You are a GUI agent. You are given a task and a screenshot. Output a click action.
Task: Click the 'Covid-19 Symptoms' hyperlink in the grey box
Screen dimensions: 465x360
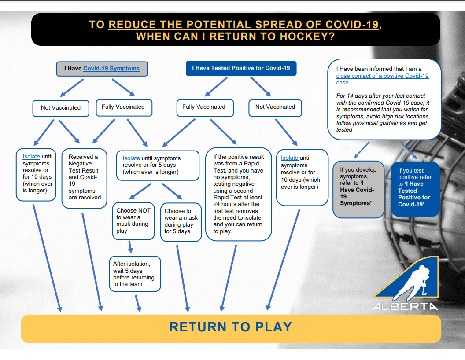coord(111,69)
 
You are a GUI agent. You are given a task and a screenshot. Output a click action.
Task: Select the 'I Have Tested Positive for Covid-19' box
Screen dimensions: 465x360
coord(241,68)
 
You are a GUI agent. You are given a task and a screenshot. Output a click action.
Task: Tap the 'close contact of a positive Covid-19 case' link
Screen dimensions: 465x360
coord(382,79)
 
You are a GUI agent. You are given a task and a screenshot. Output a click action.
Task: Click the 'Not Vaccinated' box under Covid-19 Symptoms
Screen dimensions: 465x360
coord(61,108)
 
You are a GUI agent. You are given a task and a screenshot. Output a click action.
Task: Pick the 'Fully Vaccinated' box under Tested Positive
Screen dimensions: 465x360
coord(205,107)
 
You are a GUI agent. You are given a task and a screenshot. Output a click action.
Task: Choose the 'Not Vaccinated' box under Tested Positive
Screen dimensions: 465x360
coord(275,107)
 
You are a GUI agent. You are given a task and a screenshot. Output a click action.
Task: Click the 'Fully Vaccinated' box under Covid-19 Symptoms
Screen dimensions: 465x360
coord(124,107)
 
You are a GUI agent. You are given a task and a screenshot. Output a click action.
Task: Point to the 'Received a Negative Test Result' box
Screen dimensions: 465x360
coord(84,178)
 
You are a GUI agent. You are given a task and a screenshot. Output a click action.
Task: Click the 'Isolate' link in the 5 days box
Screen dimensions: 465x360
coord(131,158)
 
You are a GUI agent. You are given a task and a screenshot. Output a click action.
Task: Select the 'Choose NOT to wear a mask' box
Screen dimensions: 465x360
coord(133,221)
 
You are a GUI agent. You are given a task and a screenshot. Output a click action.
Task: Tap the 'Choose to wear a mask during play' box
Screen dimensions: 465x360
coord(181,222)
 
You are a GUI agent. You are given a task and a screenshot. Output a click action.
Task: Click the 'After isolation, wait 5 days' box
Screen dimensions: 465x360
coord(135,274)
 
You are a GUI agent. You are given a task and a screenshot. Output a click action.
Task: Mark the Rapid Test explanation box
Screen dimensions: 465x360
coord(238,194)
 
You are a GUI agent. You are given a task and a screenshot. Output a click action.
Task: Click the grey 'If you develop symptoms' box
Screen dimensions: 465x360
coord(358,189)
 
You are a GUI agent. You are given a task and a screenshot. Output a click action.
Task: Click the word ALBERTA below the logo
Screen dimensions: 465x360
coord(405,306)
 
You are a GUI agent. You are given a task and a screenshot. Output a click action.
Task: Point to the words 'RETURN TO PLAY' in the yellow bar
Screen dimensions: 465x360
coord(231,327)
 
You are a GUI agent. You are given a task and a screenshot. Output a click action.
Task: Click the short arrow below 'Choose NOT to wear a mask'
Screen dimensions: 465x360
coord(130,246)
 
